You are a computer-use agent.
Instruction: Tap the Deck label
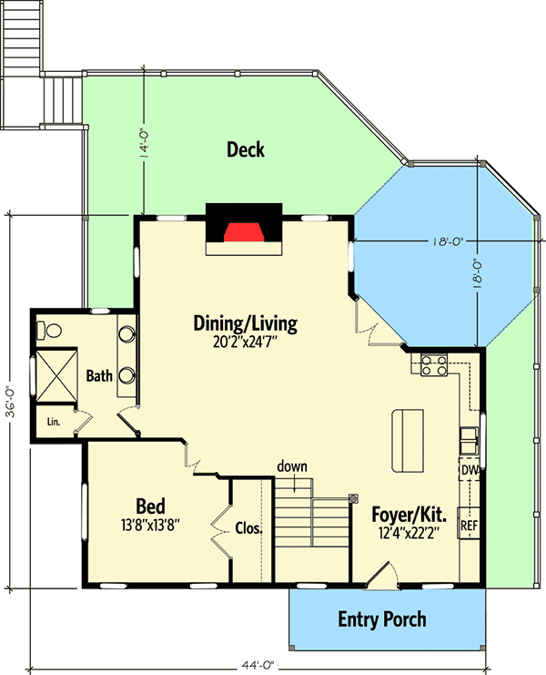246,149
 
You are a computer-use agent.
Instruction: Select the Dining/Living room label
245,323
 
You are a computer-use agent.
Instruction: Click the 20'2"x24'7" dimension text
245,343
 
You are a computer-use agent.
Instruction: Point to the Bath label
98,375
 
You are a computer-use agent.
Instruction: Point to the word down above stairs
292,466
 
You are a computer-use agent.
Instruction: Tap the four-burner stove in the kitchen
433,365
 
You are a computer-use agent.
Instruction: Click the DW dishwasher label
470,470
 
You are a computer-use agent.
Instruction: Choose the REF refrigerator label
470,526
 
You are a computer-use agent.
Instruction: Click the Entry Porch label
382,620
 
